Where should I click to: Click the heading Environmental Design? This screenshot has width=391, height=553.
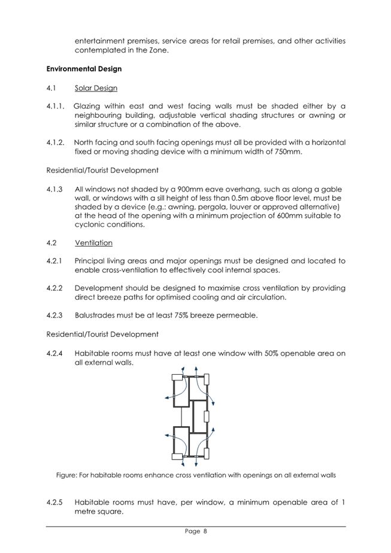coord(84,69)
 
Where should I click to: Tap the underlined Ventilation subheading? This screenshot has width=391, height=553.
coord(93,243)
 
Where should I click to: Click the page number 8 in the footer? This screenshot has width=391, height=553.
coord(204,531)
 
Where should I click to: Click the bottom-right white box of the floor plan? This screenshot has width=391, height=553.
coord(207,456)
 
